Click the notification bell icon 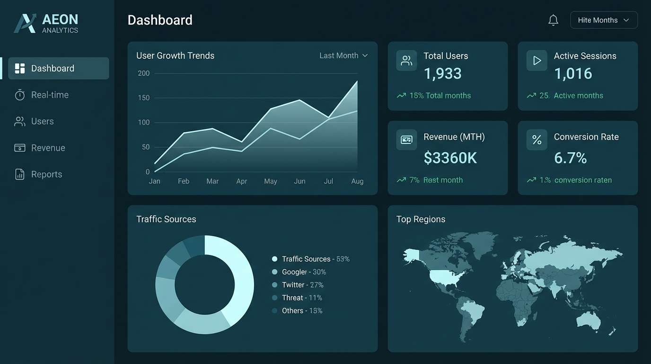point(553,20)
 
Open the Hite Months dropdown point(604,20)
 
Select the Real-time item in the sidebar point(50,95)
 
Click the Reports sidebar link point(46,174)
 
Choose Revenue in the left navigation point(48,148)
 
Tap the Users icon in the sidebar point(19,121)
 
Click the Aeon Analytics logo point(46,23)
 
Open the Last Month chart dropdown point(343,55)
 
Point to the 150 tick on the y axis point(144,98)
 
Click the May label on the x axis point(271,181)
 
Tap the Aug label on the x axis point(357,181)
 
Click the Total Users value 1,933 point(442,73)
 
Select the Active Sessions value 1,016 point(573,73)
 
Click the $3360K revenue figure point(450,158)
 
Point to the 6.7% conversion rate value point(570,158)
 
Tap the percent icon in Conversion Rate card point(537,140)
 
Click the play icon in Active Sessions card point(537,61)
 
